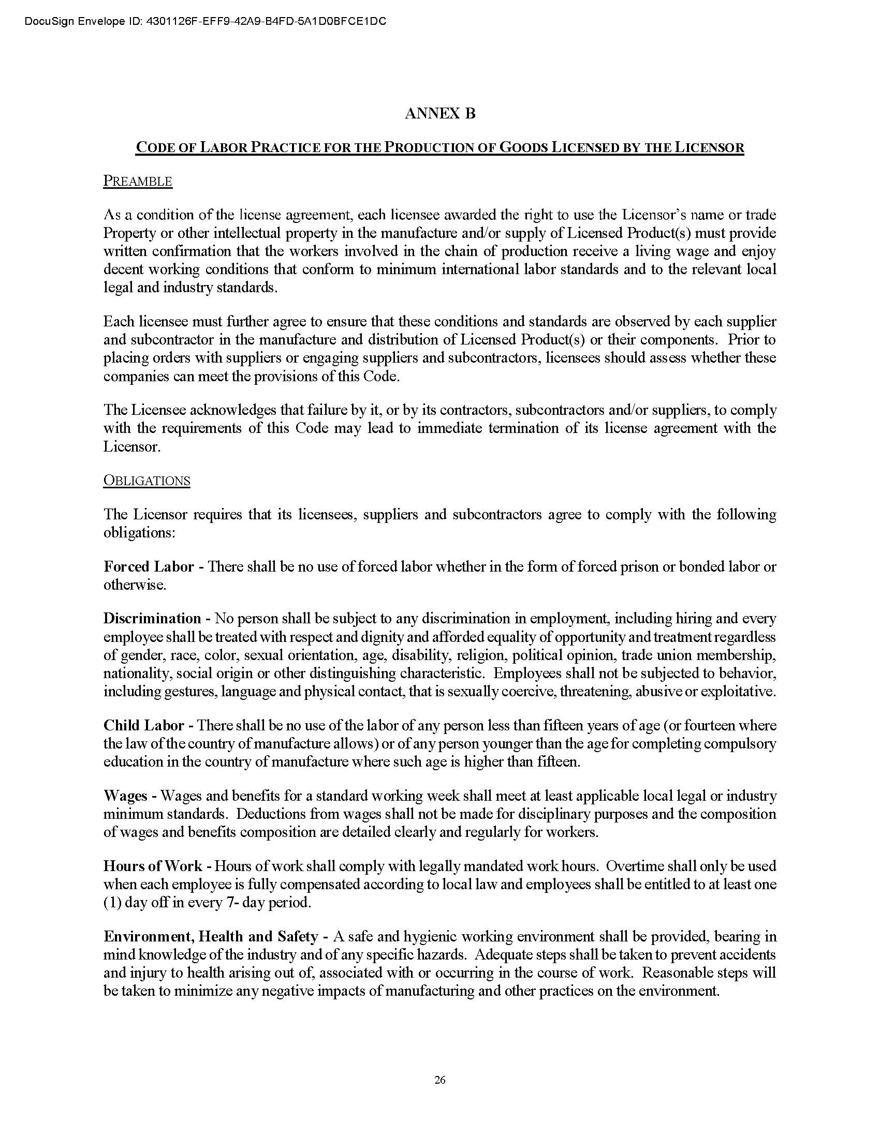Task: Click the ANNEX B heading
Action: [439, 114]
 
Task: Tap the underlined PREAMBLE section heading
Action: [138, 182]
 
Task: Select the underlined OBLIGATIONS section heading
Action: [146, 481]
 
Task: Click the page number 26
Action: [439, 1080]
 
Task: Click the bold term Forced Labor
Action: [149, 567]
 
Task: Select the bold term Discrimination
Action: [152, 619]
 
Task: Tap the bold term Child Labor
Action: [143, 725]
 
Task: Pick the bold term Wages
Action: [126, 796]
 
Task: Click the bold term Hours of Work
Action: [153, 866]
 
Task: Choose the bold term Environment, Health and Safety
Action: [211, 936]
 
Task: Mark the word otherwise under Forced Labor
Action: [135, 585]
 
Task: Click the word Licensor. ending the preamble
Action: [132, 447]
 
